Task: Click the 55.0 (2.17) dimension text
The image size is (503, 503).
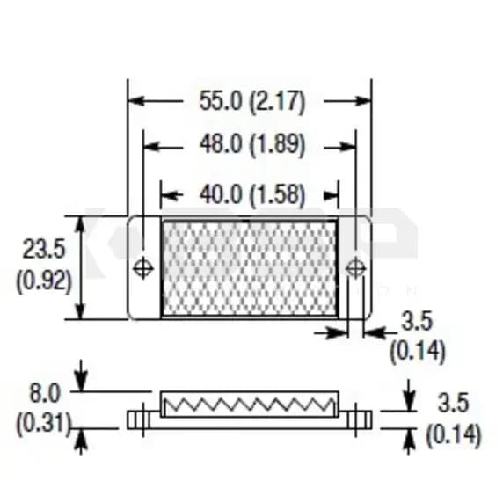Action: (x=252, y=101)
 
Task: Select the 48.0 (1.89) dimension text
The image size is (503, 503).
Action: (x=252, y=144)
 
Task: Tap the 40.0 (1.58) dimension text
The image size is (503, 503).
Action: (x=252, y=195)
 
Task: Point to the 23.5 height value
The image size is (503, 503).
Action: (x=44, y=249)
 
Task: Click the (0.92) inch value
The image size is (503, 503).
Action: (x=44, y=281)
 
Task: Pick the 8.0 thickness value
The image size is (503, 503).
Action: (x=45, y=393)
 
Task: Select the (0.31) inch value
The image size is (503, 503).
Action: (x=43, y=424)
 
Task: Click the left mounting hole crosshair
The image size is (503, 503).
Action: (x=143, y=268)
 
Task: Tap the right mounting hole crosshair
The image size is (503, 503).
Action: (x=356, y=268)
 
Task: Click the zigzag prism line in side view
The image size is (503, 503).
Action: (x=250, y=405)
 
